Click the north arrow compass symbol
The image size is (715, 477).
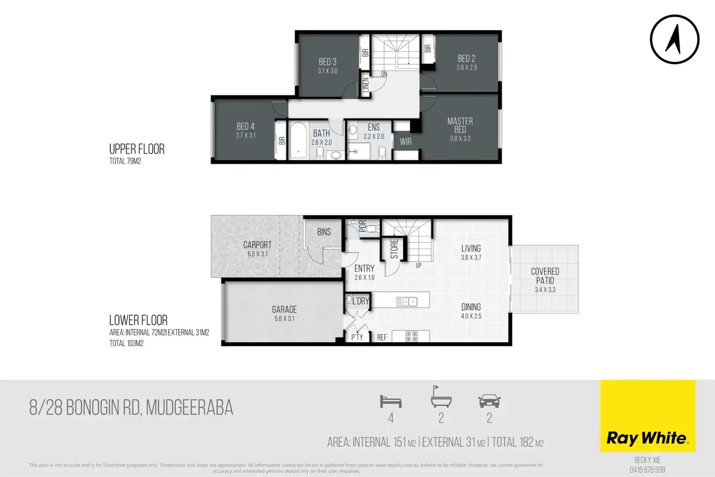tap(674, 39)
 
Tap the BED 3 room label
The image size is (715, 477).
tap(328, 62)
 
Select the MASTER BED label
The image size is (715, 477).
tap(460, 125)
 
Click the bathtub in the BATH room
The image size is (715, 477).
tap(298, 140)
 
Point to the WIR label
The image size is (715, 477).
tap(406, 142)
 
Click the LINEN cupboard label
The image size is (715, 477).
tap(366, 85)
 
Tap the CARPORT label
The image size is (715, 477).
tap(257, 245)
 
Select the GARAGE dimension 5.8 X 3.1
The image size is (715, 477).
tap(284, 318)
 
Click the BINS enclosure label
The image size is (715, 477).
tap(324, 232)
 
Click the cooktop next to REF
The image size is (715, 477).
tap(411, 336)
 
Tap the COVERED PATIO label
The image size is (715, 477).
tap(545, 276)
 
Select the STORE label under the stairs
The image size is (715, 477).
tap(394, 249)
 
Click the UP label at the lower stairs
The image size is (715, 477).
tap(419, 266)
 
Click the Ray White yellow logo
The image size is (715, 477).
tap(648, 416)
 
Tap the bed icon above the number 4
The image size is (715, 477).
tap(390, 401)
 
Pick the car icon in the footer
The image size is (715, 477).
tap(489, 401)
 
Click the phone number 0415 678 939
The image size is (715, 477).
tap(648, 470)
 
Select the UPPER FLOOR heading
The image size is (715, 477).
tap(137, 149)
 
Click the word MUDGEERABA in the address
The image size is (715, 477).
tap(189, 408)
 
